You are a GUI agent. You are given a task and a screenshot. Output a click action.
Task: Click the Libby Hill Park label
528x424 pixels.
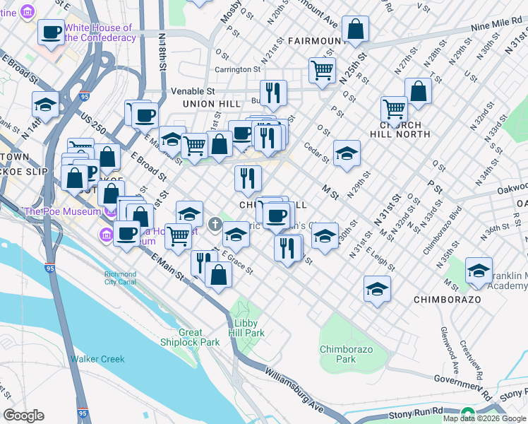tap(246, 327)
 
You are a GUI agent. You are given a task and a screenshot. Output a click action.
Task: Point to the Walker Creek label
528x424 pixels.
tap(97, 359)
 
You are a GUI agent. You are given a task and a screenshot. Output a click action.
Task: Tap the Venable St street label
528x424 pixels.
tap(193, 91)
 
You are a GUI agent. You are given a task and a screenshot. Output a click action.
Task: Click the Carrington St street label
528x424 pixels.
tap(237, 69)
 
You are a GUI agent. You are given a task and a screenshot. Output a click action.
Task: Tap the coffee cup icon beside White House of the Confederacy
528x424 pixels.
tap(51, 33)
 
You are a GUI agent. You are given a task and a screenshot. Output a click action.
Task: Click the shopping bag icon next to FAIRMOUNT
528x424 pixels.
tap(355, 29)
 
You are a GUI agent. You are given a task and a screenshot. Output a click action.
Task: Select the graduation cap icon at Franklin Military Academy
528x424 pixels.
tap(479, 271)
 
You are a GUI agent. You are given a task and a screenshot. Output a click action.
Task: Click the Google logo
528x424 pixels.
tap(23, 415)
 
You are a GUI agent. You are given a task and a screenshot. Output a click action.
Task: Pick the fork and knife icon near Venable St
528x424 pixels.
tap(272, 92)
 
